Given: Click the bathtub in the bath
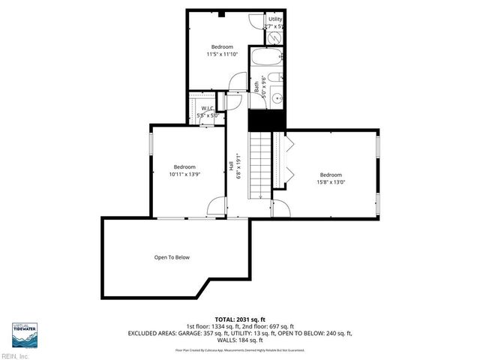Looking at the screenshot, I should (267, 58).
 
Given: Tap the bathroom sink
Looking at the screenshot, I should (275, 96).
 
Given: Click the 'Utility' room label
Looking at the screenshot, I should (275, 19).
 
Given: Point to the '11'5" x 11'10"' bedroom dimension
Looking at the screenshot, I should (221, 54).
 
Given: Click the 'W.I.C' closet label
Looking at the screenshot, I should (208, 109).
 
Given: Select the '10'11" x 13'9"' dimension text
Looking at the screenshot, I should (184, 175).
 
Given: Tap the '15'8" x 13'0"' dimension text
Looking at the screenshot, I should (331, 181).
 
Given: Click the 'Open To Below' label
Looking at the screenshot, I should (172, 257).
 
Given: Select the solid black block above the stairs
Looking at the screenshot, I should (267, 118).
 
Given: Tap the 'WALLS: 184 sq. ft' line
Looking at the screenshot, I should (239, 340).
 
